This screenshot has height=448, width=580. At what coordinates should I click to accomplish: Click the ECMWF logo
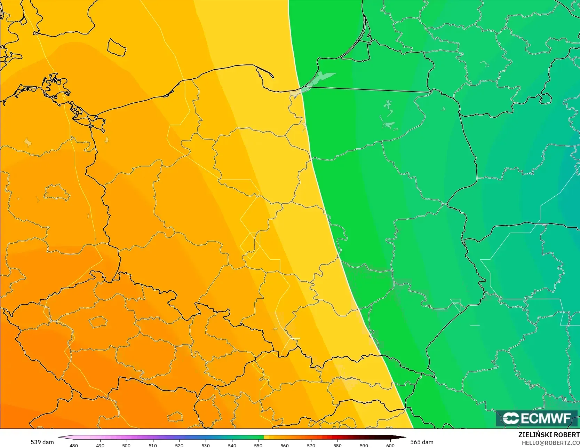point(537,418)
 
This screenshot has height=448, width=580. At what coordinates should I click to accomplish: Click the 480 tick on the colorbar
point(74,445)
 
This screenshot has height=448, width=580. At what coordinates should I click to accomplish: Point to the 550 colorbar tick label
point(258,445)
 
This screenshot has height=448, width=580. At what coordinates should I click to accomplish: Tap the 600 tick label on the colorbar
point(390,445)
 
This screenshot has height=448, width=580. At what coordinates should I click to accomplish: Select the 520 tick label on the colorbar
point(179,445)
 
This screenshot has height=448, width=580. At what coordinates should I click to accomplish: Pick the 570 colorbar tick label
point(311,445)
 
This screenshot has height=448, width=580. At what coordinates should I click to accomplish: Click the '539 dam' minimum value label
point(42,442)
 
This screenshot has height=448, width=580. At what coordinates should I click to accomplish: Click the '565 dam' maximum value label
point(422,442)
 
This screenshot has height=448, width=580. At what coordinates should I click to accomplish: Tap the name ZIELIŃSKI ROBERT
point(549,435)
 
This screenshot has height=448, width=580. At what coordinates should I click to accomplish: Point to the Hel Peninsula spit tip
point(272,76)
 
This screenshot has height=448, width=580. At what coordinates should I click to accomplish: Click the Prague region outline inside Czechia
point(98,322)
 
